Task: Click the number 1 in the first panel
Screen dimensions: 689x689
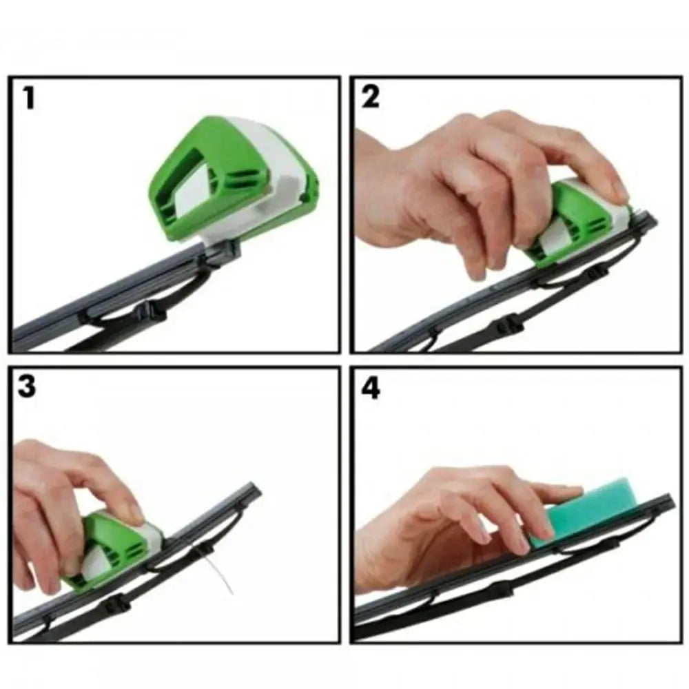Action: coord(28,99)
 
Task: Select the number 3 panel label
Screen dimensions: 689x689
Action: coord(27,387)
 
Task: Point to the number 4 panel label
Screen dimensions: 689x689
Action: coord(371,389)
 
